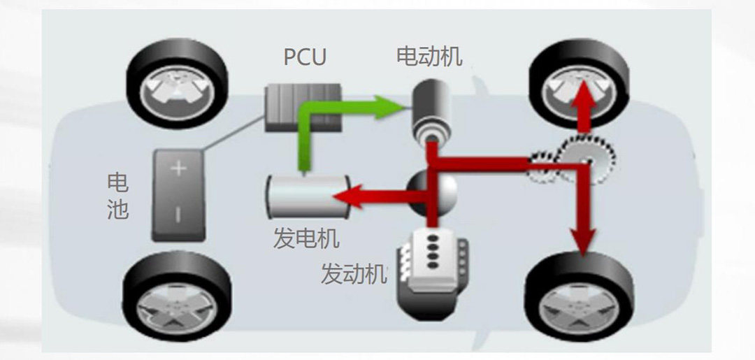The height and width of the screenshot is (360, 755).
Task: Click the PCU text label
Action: [x=305, y=57]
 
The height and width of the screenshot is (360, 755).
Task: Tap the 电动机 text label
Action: [x=429, y=56]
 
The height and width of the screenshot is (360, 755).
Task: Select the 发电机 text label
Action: [x=305, y=238]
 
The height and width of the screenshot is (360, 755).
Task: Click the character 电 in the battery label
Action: [x=117, y=183]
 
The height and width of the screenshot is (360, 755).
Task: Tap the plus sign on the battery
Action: [x=177, y=170]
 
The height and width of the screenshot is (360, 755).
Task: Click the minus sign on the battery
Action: [x=177, y=214]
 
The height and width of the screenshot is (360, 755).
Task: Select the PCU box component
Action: [x=302, y=108]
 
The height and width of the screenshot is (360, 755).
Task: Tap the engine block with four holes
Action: [x=428, y=268]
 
